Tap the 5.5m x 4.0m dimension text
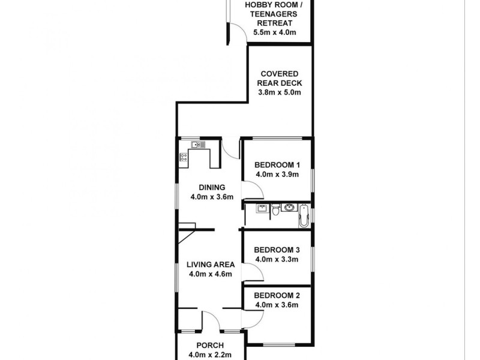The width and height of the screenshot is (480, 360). (275, 32)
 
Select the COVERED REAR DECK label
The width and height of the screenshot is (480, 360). (279, 79)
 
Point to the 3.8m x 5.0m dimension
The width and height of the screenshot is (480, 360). (279, 93)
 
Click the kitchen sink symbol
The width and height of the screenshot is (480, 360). (198, 145)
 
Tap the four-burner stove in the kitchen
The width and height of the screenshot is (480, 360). (184, 157)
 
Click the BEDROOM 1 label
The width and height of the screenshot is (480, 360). (277, 165)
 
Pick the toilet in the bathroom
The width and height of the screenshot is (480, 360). (275, 210)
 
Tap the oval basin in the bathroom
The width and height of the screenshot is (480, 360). (290, 209)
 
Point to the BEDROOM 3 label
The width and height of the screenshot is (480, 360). (277, 250)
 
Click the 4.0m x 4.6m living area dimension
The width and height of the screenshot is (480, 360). (207, 274)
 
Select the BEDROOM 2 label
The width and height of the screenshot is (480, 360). (277, 295)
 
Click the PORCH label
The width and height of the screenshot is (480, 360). (210, 346)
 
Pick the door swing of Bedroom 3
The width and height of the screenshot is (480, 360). (253, 273)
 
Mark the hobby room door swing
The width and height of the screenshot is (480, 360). (238, 34)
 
